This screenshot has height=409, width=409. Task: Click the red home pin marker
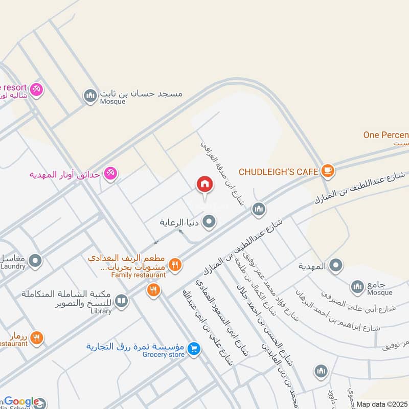pyautogui.click(x=204, y=185)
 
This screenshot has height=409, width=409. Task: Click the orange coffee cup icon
pyautogui.click(x=328, y=171)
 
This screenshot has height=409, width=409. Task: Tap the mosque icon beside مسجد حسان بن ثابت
pyautogui.click(x=90, y=96)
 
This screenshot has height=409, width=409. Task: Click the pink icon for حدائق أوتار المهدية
pyautogui.click(x=109, y=174)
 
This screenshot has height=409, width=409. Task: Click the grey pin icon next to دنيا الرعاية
pyautogui.click(x=209, y=222)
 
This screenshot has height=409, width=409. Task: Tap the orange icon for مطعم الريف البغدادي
pyautogui.click(x=175, y=264)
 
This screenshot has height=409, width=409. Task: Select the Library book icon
pyautogui.click(x=121, y=301)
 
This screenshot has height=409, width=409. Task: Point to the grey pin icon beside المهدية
pyautogui.click(x=336, y=265)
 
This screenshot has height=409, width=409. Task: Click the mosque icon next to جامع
pyautogui.click(x=357, y=285)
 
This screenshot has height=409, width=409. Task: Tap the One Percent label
pyautogui.click(x=386, y=135)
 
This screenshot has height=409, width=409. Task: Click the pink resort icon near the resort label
pyautogui.click(x=36, y=89)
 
